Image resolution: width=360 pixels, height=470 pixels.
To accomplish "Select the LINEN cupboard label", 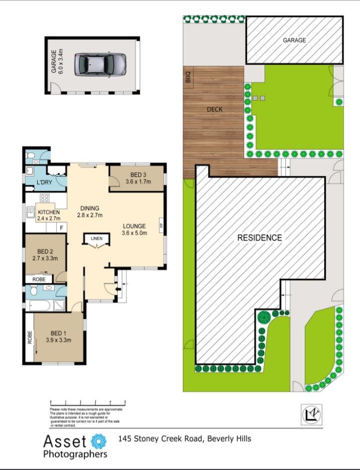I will pos(96,238).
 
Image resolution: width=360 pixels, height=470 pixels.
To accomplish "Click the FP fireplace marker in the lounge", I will pos(161,226).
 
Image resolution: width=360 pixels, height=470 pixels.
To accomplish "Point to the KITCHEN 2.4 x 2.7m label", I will pos(49,215).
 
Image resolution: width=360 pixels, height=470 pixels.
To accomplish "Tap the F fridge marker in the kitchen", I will pos(61,228).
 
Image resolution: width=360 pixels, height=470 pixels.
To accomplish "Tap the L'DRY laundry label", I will pos(45,182).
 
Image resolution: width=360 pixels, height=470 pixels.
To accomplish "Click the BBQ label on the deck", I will pos(188,80).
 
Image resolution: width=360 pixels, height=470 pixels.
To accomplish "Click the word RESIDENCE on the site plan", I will pos(259,237).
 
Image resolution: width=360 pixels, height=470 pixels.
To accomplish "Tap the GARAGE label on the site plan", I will pos(294,40).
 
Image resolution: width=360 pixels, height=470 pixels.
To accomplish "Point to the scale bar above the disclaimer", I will pos(87,402).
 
